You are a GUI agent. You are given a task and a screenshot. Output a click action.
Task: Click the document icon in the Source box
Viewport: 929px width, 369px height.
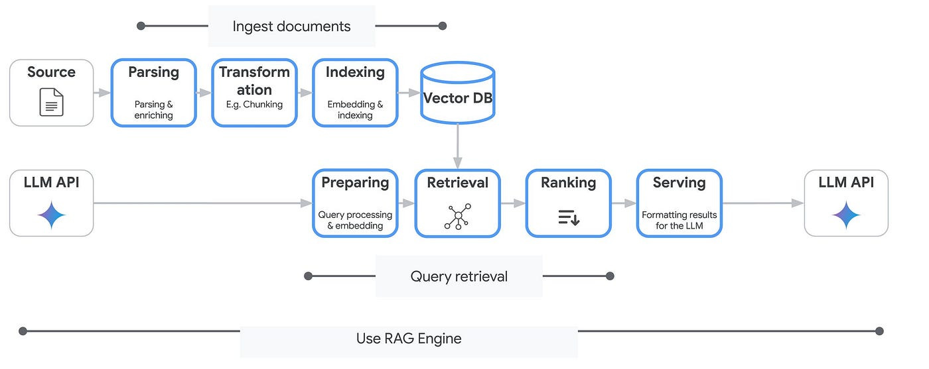[51, 103]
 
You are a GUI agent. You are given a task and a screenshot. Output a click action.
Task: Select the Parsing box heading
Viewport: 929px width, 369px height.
[153, 72]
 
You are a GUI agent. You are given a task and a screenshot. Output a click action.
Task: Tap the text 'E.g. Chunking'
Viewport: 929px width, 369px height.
[254, 104]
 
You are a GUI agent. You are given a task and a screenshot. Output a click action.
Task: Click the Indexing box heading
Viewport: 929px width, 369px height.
[355, 72]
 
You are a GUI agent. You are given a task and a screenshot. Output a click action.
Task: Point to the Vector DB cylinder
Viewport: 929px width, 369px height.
[457, 92]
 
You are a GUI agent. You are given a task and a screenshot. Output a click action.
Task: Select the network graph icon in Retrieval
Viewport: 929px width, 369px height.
[457, 217]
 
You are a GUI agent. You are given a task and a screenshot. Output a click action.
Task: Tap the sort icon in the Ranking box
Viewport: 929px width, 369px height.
[568, 217]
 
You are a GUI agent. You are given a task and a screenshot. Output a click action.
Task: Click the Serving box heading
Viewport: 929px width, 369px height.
[679, 182]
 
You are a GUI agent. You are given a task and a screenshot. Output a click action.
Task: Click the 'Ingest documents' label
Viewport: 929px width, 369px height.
[291, 26]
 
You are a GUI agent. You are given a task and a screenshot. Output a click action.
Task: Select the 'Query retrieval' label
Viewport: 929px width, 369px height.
[459, 276]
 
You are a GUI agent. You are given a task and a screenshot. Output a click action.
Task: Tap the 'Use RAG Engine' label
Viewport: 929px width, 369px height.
[409, 339]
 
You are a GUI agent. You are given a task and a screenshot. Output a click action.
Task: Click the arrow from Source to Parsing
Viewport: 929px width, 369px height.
[102, 93]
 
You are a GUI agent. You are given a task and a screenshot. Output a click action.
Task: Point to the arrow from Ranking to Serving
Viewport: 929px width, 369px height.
[623, 203]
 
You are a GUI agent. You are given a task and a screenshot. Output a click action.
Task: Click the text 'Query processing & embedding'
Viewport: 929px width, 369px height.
[355, 220]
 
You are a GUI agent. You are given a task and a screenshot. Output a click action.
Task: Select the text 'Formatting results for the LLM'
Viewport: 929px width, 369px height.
[679, 220]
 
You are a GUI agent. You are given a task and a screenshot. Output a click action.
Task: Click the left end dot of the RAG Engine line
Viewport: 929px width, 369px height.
[23, 331]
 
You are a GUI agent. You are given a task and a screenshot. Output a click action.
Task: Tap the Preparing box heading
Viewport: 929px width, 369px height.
[355, 182]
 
